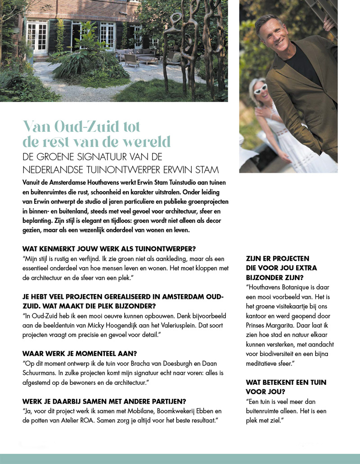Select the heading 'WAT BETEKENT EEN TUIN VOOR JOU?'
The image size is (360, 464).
286,387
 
